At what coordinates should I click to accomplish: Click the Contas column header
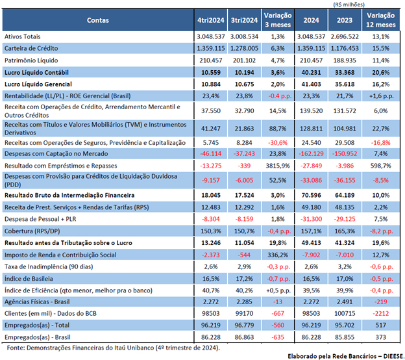(97, 20)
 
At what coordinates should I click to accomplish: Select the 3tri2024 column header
(244, 20)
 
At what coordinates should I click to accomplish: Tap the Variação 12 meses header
(381, 20)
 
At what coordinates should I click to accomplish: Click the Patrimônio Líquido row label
(31, 60)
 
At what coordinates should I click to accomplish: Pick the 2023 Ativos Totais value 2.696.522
(345, 37)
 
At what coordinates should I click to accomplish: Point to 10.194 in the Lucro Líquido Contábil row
(244, 72)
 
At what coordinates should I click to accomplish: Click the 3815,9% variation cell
(278, 166)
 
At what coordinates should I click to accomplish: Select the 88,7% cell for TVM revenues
(278, 129)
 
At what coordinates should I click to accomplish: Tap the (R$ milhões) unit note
(349, 5)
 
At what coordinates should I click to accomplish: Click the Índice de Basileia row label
(29, 279)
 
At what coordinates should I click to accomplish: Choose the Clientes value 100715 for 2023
(345, 313)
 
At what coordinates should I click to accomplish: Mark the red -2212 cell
(381, 313)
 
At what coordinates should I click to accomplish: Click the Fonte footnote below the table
(113, 348)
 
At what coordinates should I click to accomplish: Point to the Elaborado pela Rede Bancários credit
(346, 356)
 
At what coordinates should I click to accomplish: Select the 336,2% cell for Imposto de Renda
(278, 255)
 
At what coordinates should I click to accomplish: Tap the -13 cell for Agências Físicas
(278, 302)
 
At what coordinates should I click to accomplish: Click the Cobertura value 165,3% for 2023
(345, 231)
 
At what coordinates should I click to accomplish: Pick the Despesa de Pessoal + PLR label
(40, 219)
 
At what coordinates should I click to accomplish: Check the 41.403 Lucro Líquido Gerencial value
(311, 84)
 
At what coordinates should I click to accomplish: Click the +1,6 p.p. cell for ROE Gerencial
(381, 96)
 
